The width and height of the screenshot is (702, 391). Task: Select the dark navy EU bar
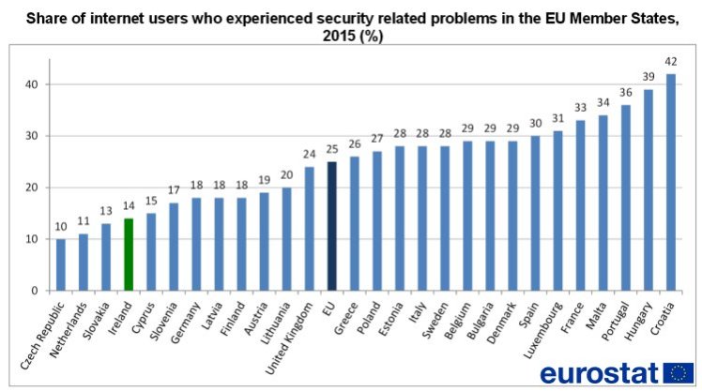332,226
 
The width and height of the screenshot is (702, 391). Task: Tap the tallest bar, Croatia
670,182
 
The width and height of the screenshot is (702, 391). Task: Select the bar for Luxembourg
557,210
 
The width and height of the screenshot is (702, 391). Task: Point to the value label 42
670,64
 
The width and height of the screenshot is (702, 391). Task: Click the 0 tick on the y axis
35,291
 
